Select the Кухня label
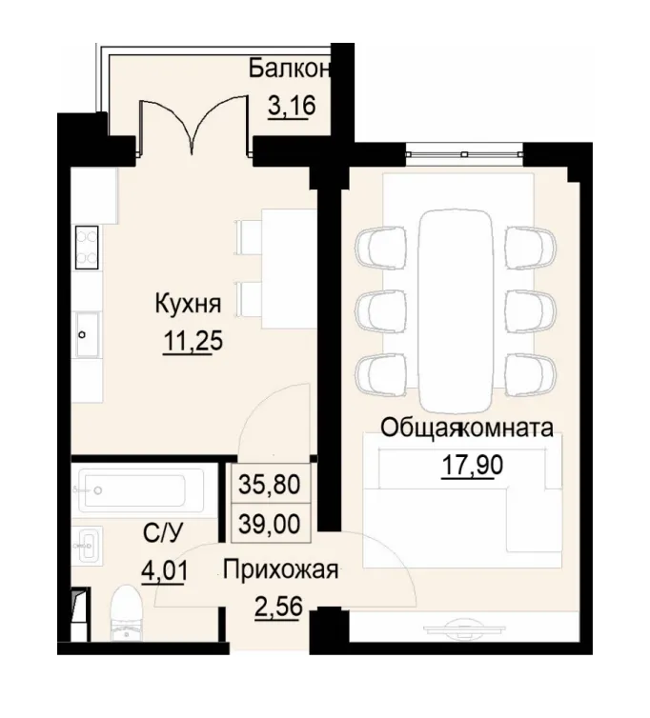[189, 305]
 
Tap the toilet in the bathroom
[127, 610]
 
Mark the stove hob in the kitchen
[86, 248]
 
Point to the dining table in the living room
[453, 305]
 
